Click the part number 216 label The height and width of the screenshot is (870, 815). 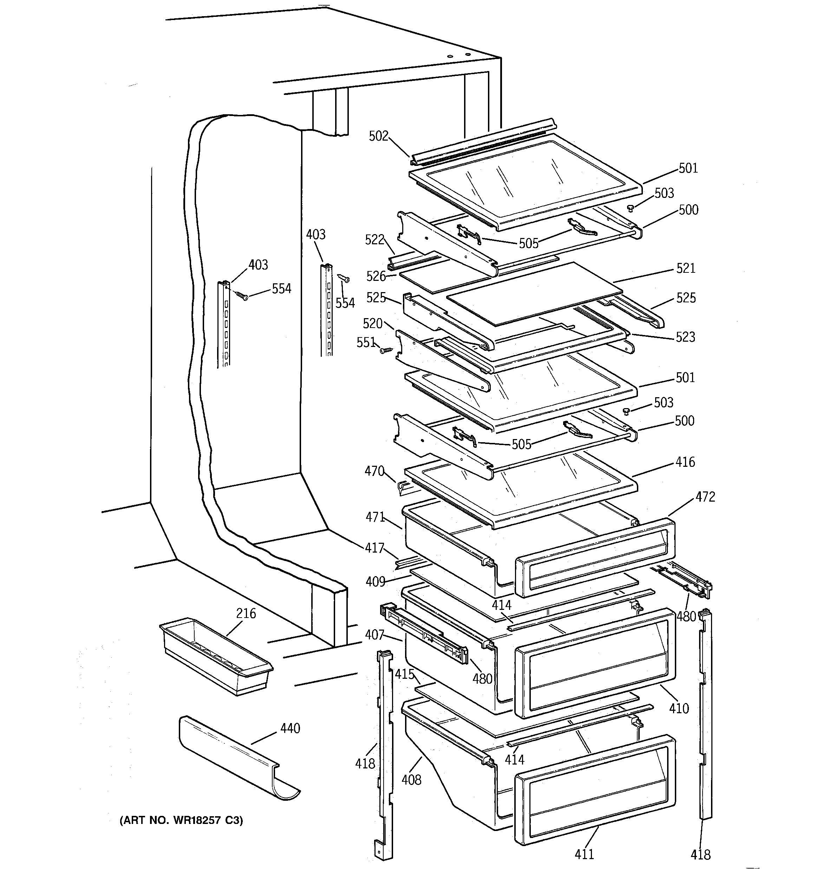click(246, 613)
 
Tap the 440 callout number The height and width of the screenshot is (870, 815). click(291, 728)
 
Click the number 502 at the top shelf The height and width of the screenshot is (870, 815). click(378, 136)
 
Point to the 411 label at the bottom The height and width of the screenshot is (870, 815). click(584, 853)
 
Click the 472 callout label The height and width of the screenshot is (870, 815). click(705, 497)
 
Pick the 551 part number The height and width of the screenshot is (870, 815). click(366, 342)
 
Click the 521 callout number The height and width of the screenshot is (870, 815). click(685, 268)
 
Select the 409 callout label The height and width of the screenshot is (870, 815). click(375, 582)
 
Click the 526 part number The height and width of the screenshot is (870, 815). click(376, 276)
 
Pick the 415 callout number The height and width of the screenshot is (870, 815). click(404, 674)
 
